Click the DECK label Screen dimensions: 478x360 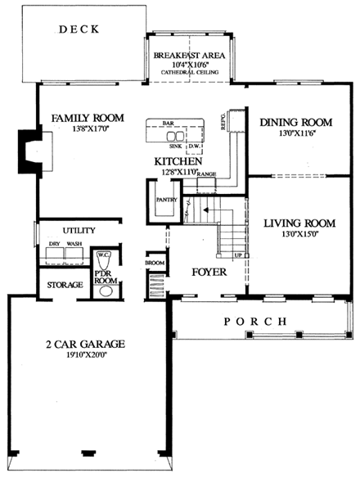tap(79, 29)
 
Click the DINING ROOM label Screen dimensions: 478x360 tap(296, 123)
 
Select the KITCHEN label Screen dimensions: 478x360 tap(178, 162)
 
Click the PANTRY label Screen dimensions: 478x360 tap(160, 198)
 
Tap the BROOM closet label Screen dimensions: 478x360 tap(155, 264)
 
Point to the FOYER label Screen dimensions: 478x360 tap(209, 272)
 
